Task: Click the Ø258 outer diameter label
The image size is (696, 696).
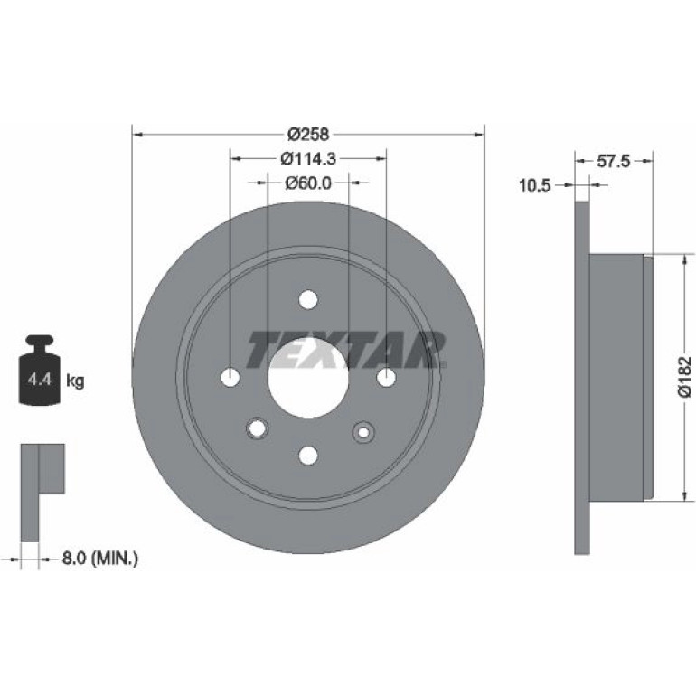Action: [x=308, y=134]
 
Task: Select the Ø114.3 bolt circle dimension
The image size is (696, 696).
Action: [x=308, y=158]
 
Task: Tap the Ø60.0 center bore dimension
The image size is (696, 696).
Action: [x=308, y=183]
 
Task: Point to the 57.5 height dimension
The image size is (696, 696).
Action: [x=614, y=161]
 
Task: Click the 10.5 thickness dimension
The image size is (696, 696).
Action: [x=534, y=185]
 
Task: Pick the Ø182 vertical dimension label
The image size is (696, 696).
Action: [x=685, y=375]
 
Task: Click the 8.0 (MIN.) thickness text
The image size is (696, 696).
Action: [x=99, y=558]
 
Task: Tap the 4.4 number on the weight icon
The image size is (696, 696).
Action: [x=40, y=380]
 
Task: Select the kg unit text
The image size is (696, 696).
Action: [x=75, y=381]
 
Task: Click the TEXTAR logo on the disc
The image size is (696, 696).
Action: [x=346, y=349]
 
